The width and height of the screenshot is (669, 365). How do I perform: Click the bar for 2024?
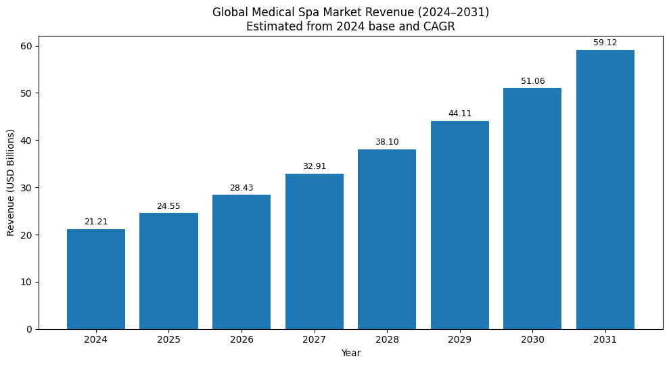[x=96, y=279]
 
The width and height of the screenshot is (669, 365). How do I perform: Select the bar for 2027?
[x=314, y=251]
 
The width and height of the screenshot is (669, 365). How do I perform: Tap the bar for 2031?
[x=605, y=189]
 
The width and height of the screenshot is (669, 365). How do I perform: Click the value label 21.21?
[x=96, y=222]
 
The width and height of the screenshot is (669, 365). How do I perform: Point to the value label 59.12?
[x=605, y=43]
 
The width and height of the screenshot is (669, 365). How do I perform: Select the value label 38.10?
[x=387, y=142]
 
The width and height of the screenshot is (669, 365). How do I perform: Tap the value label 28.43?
[x=241, y=188]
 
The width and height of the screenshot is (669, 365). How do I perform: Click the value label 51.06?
[x=532, y=81]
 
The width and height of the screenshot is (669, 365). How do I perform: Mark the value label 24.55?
[x=168, y=206]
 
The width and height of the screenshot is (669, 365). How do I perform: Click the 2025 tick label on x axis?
[x=168, y=340]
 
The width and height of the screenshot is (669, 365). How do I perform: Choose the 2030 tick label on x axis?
[x=532, y=340]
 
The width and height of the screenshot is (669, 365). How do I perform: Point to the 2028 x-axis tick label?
[x=387, y=340]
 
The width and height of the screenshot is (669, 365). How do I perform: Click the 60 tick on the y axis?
[x=26, y=46]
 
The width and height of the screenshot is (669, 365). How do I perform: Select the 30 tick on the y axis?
[x=26, y=188]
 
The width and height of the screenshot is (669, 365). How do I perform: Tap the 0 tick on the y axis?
[x=28, y=329]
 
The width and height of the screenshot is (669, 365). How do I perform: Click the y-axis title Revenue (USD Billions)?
[x=11, y=182]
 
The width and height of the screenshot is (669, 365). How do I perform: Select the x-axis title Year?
[x=350, y=354]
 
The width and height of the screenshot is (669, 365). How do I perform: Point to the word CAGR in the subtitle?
[x=440, y=27]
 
